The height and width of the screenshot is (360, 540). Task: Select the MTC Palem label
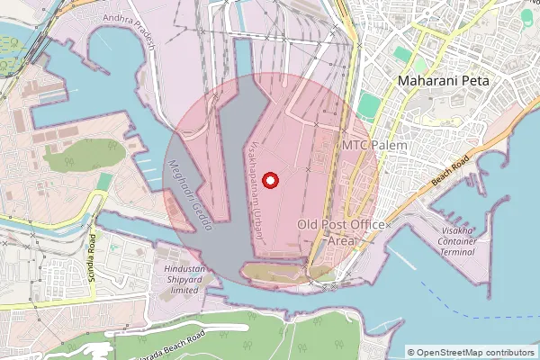(374, 145)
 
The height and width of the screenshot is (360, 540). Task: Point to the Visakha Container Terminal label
(457, 242)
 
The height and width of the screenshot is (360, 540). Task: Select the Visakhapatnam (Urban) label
(256, 189)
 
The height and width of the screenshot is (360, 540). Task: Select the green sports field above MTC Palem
(369, 106)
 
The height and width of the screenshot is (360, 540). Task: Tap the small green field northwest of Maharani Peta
(419, 65)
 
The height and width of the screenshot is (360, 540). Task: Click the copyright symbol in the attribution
(411, 352)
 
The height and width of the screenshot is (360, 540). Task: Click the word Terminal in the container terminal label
(456, 253)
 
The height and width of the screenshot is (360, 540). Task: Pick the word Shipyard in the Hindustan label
(184, 280)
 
